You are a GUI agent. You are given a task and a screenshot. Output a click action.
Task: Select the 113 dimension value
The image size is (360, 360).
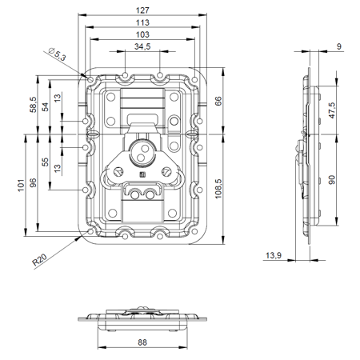tap(141, 23)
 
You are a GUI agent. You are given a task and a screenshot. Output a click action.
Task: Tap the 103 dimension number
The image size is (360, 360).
tap(141, 35)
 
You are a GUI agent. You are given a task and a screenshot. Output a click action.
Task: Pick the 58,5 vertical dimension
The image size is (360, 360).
tap(33, 105)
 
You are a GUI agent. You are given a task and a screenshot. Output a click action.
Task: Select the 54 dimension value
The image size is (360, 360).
tap(45, 107)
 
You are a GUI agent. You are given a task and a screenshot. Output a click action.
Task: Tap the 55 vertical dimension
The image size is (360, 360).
tap(45, 162)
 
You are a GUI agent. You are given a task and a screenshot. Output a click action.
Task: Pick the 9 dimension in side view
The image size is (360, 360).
tap(339, 47)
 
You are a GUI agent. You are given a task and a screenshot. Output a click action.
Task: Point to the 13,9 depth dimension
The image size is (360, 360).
tap(273, 255)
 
